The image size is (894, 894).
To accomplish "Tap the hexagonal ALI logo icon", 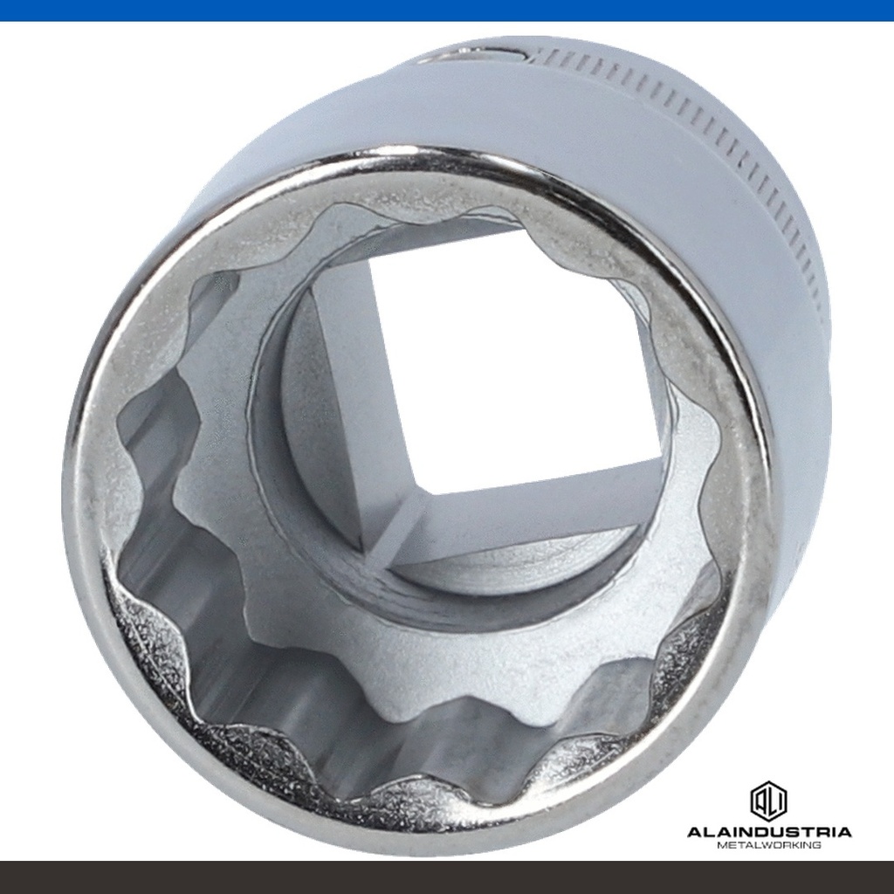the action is pyautogui.click(x=768, y=800).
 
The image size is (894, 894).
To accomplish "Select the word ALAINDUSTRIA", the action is pyautogui.click(x=769, y=832).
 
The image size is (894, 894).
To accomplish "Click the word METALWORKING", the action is pyautogui.click(x=769, y=845).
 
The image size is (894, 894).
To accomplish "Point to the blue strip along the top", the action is pyautogui.click(x=447, y=10).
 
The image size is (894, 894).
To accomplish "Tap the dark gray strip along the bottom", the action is pyautogui.click(x=447, y=877).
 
